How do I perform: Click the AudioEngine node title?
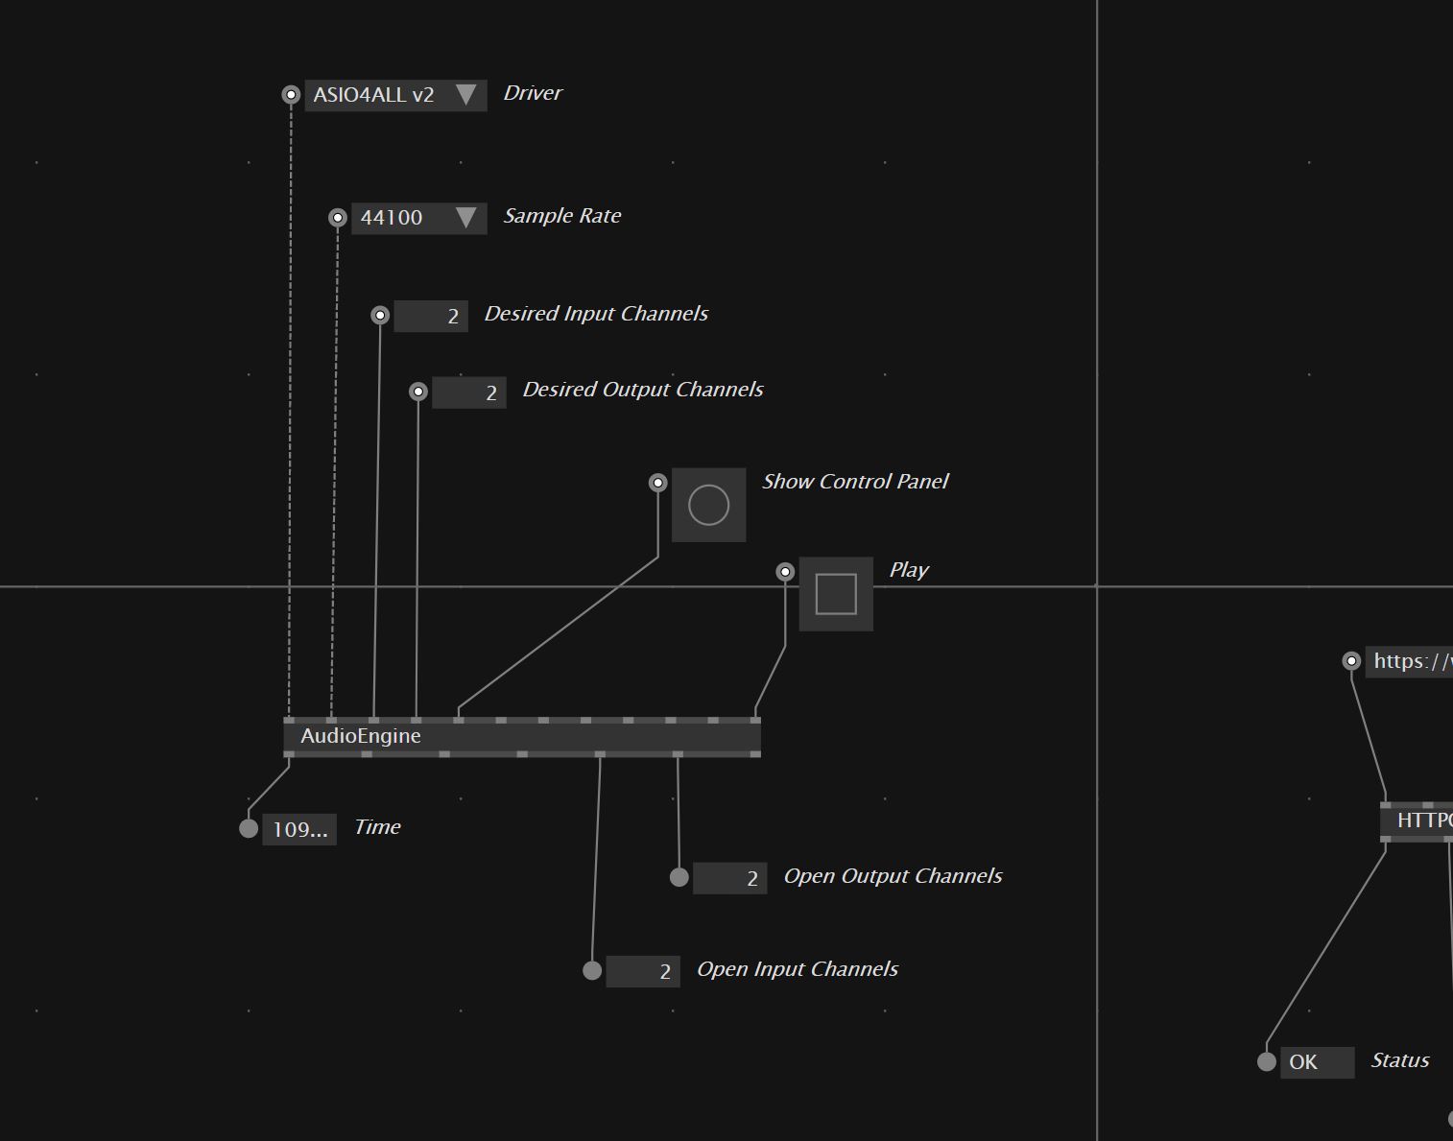point(361,736)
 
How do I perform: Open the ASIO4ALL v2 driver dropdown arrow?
point(465,95)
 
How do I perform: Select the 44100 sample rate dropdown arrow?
point(465,218)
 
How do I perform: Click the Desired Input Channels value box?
point(431,316)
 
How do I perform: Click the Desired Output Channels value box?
point(469,392)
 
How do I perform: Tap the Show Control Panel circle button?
point(709,505)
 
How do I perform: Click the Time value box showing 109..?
point(299,829)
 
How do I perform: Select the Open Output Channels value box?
point(729,878)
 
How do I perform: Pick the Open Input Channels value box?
point(643,971)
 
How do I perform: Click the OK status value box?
point(1317,1062)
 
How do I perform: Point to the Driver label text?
point(533,93)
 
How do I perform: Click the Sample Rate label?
point(562,216)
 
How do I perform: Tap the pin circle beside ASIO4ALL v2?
point(291,95)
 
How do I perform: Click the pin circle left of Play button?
point(785,572)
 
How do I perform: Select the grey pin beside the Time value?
point(249,828)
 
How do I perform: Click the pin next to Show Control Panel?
point(657,483)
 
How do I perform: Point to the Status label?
point(1400,1060)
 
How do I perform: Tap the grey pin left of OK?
point(1267,1061)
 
